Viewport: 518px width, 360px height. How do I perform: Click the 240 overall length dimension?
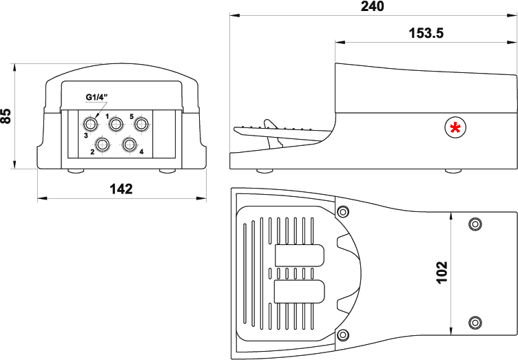pos(372,6)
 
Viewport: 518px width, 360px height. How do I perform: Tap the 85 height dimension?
pos(6,116)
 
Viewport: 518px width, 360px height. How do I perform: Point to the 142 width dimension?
pos(121,189)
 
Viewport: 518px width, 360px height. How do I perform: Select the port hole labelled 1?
pos(116,124)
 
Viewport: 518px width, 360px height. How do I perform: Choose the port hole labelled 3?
pos(90,124)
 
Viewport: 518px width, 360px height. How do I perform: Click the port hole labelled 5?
pos(141,124)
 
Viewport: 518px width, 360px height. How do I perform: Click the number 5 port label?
pos(131,116)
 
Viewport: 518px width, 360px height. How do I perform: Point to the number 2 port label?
pos(92,151)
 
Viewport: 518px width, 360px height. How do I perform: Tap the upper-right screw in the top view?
pos(474,224)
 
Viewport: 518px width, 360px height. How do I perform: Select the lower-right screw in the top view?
pos(474,321)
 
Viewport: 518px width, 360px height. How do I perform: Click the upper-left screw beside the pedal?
pos(342,210)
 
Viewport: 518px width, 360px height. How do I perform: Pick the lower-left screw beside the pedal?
pos(342,335)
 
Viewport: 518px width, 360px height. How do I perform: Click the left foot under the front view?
pos(75,171)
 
